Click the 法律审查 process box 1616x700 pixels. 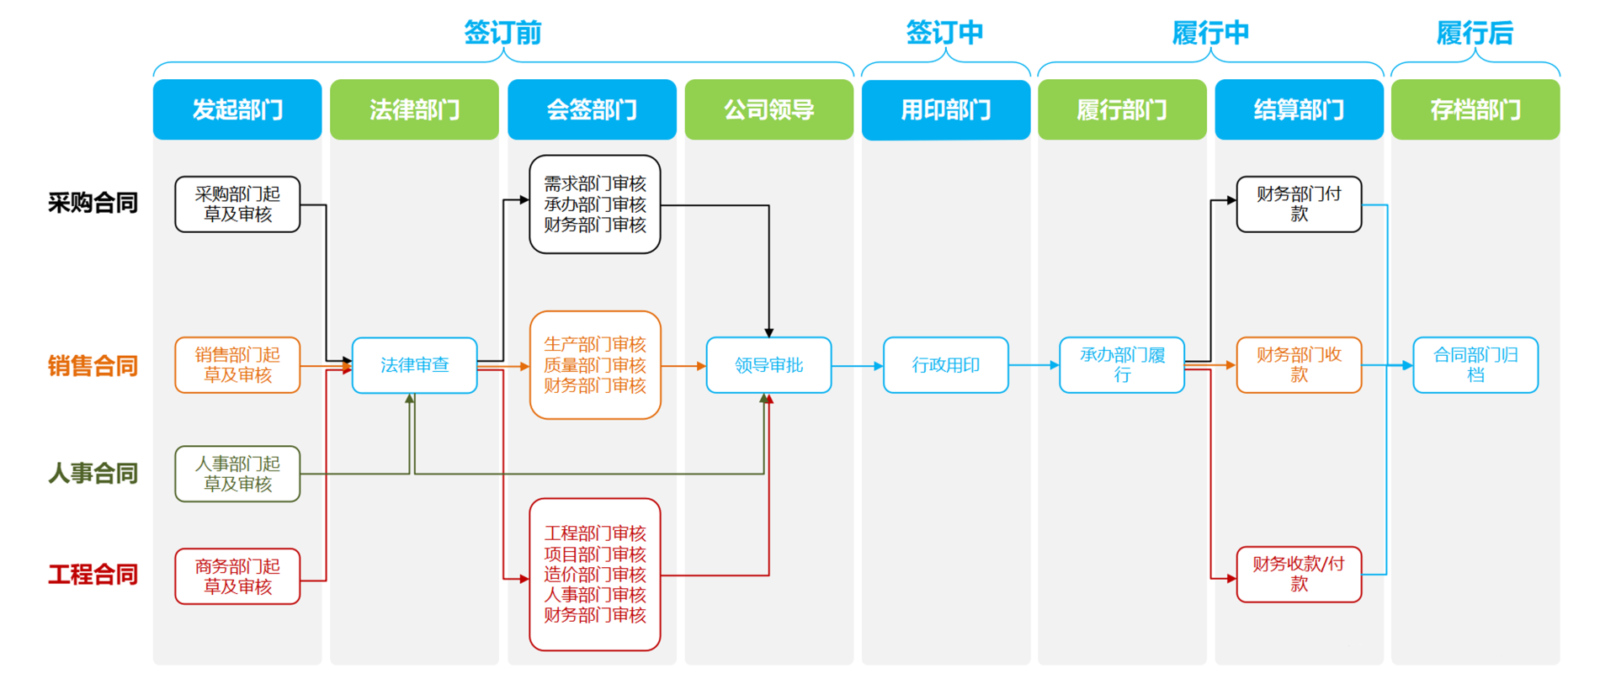tap(414, 365)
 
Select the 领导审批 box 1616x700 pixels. tap(768, 365)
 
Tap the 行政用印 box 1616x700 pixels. tap(945, 365)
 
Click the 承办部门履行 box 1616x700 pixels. tap(1122, 365)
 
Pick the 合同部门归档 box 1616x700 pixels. tap(1475, 365)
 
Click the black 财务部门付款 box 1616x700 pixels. tap(1299, 204)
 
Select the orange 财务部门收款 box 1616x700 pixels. tap(1299, 365)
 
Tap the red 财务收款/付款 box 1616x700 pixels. tap(1299, 575)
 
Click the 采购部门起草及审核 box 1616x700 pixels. tap(237, 204)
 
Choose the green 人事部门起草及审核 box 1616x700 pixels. tap(237, 474)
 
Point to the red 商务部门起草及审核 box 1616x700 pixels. tap(237, 576)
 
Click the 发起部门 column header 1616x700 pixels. tap(237, 109)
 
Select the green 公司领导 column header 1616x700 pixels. tap(768, 109)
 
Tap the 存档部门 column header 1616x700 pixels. tap(1475, 109)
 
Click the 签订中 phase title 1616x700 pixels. tap(944, 33)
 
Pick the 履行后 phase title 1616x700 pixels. tap(1475, 33)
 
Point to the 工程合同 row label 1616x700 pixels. tap(93, 575)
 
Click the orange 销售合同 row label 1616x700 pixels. tap(93, 366)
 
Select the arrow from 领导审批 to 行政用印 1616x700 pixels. tap(858, 366)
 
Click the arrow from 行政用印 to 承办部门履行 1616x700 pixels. tap(1034, 365)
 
